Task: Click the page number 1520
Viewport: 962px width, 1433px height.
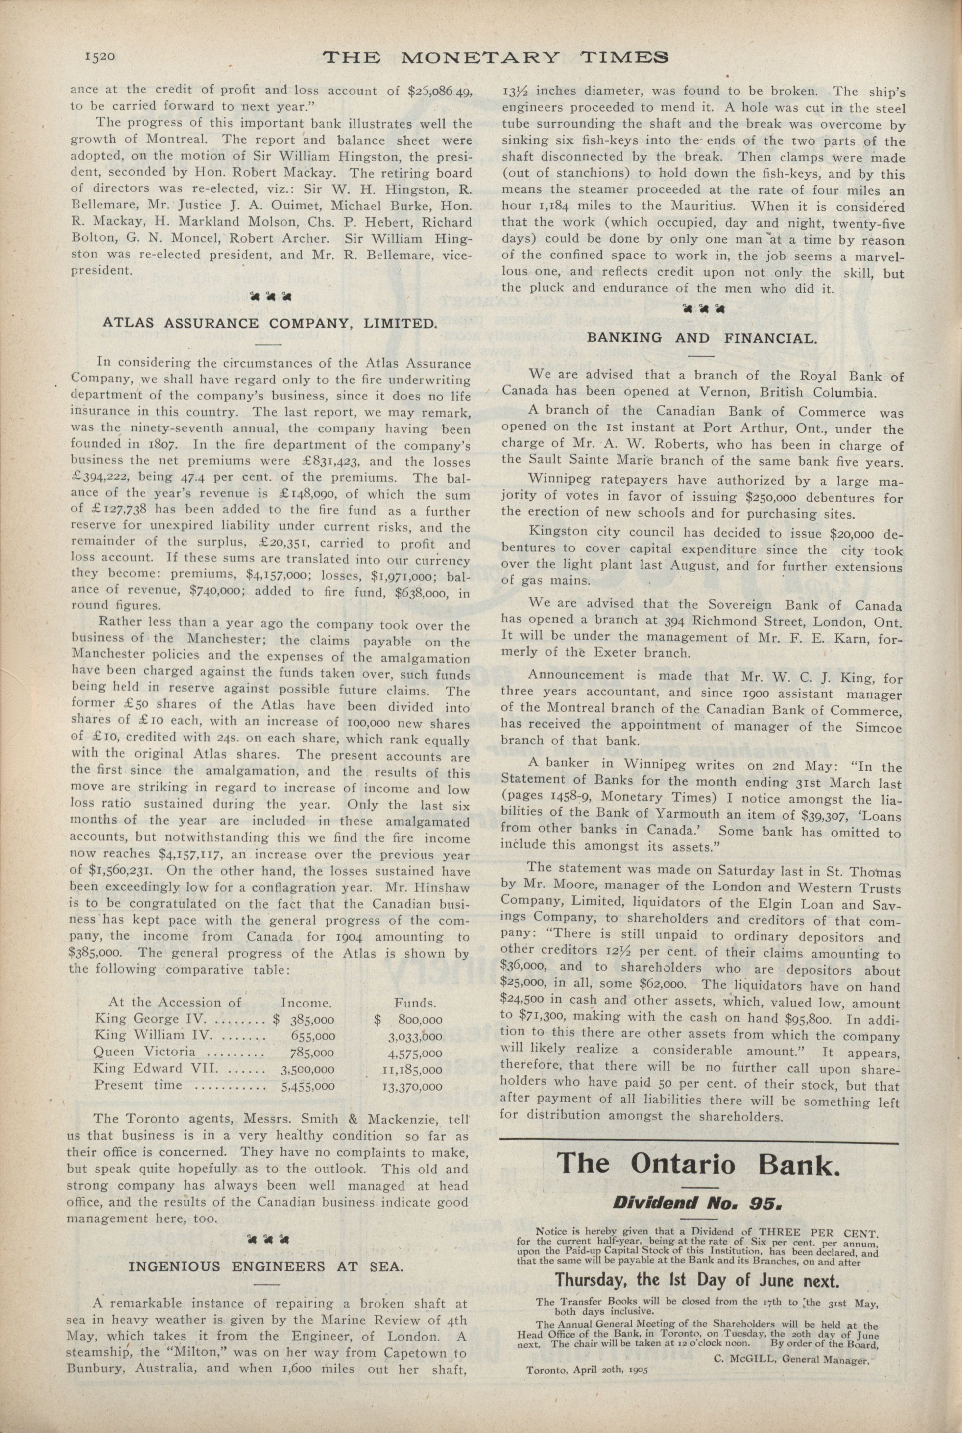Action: (x=100, y=57)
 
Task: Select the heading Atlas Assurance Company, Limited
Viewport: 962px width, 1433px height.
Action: (x=269, y=323)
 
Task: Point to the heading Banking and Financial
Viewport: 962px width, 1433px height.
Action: (x=702, y=337)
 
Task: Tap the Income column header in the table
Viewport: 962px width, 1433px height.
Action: (x=306, y=1003)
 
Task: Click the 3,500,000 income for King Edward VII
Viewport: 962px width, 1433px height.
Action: (x=307, y=1068)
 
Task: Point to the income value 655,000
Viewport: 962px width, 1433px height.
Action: (x=313, y=1035)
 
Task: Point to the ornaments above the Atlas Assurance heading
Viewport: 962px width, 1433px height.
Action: (x=269, y=297)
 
